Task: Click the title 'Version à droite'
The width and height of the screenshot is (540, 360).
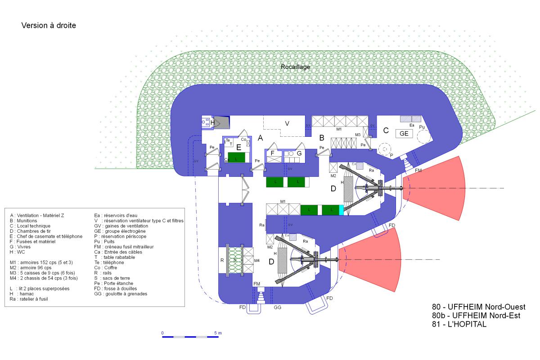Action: coord(49,26)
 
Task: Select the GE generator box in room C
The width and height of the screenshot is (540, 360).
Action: coord(404,134)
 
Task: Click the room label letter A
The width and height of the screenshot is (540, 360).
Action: coord(260,139)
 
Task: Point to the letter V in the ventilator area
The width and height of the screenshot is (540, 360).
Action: coord(286,123)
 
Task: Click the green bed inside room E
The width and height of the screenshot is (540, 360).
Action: coord(236,157)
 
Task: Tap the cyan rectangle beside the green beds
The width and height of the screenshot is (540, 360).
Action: coord(341,210)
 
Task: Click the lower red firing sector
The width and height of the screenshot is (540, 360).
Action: coord(374,259)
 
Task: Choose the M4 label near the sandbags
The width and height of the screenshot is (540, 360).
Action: coord(256,261)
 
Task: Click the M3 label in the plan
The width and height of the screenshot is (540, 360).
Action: coord(358,135)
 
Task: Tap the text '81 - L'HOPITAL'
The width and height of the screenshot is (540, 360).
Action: coord(459,324)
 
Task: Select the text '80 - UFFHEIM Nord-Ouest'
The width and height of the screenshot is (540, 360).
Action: coord(478,307)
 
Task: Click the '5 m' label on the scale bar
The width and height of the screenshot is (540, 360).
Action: coord(218,333)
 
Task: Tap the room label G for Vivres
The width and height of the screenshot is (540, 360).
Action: coord(299,153)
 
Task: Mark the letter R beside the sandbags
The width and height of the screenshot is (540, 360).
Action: coord(222,260)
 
